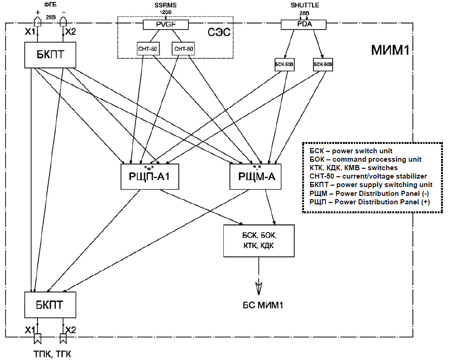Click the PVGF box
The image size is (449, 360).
165,24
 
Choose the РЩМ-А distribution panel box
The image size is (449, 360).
256,177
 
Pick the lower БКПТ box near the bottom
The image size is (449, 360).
50,305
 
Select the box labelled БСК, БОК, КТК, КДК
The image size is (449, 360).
259,240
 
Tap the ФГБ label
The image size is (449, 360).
49,4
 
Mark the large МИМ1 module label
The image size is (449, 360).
387,50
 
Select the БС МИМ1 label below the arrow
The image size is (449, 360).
259,306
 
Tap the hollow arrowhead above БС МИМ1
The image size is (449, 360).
259,286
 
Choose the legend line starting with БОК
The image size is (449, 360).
365,159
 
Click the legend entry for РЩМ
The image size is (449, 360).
369,193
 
